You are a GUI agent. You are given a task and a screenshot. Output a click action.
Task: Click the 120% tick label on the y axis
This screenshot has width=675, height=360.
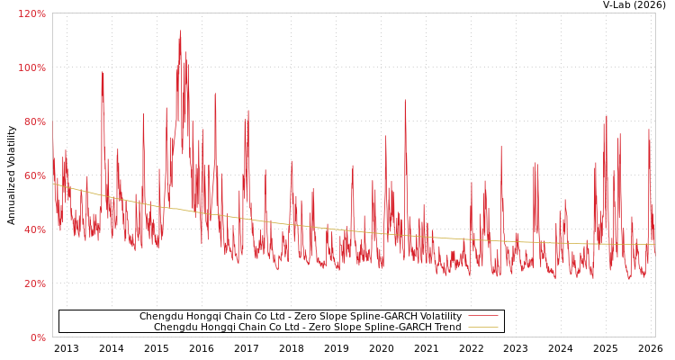click(31, 13)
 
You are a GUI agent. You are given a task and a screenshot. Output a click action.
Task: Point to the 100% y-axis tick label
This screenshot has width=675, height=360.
click(31, 67)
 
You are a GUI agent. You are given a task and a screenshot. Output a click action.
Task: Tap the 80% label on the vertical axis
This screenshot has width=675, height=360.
click(33, 121)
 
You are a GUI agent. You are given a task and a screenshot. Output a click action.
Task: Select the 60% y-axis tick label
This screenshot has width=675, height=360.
click(33, 175)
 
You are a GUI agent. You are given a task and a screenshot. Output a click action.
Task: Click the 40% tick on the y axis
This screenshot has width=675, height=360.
click(33, 229)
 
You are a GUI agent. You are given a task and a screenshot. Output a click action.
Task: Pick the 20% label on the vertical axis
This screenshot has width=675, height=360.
click(33, 283)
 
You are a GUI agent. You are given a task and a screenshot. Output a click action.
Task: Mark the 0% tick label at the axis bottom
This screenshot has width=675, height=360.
click(37, 337)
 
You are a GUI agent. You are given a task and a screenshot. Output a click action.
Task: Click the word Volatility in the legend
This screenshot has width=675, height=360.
click(439, 317)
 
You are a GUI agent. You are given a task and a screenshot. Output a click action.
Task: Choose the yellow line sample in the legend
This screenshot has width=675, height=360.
click(483, 328)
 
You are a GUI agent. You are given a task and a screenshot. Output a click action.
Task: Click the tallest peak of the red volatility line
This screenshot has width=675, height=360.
click(180, 31)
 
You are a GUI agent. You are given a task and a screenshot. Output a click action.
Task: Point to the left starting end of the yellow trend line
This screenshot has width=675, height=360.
click(53, 184)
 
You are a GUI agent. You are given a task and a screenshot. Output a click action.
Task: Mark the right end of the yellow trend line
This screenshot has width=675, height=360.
click(654, 244)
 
